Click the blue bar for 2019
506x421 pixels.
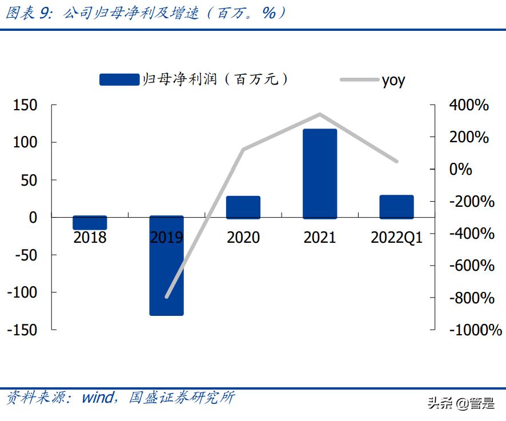tap(167, 266)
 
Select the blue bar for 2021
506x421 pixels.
tap(320, 174)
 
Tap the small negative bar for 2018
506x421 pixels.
tap(90, 223)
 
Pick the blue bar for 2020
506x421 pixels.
tap(243, 207)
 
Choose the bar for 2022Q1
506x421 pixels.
tap(396, 207)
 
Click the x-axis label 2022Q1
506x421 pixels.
tap(396, 238)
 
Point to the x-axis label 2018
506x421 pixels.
tap(90, 238)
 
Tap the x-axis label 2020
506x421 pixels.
tap(243, 238)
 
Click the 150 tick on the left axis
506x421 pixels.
tap(25, 105)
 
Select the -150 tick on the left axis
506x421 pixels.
tap(23, 330)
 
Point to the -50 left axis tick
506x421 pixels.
tap(25, 255)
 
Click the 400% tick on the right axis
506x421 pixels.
tap(469, 105)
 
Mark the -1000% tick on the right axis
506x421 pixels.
tap(475, 330)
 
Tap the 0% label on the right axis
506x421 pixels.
tap(461, 169)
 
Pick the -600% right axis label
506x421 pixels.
tap(472, 266)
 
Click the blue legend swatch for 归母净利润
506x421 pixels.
tap(119, 80)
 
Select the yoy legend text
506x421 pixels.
tap(393, 80)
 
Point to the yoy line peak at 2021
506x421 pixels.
tap(320, 114)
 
